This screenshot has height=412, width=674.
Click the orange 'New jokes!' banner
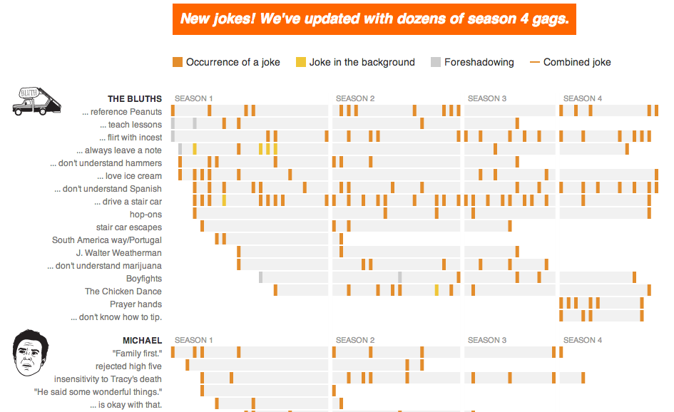[x=374, y=19]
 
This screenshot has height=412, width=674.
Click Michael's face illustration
[x=28, y=353]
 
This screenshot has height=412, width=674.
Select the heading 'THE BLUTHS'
[x=135, y=99]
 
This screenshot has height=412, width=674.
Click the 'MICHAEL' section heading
[x=142, y=341]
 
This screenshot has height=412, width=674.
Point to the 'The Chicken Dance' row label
[x=123, y=292]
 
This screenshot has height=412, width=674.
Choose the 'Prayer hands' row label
[x=136, y=304]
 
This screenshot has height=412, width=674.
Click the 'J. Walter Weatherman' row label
[x=118, y=253]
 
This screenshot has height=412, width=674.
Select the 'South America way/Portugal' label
[x=107, y=240]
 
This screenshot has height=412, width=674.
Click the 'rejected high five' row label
[x=128, y=366]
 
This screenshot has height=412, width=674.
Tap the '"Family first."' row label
[x=137, y=354]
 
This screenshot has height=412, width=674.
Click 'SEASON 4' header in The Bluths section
[x=582, y=98]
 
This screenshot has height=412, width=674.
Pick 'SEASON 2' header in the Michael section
[x=355, y=340]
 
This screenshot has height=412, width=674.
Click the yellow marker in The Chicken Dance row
[x=436, y=290]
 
